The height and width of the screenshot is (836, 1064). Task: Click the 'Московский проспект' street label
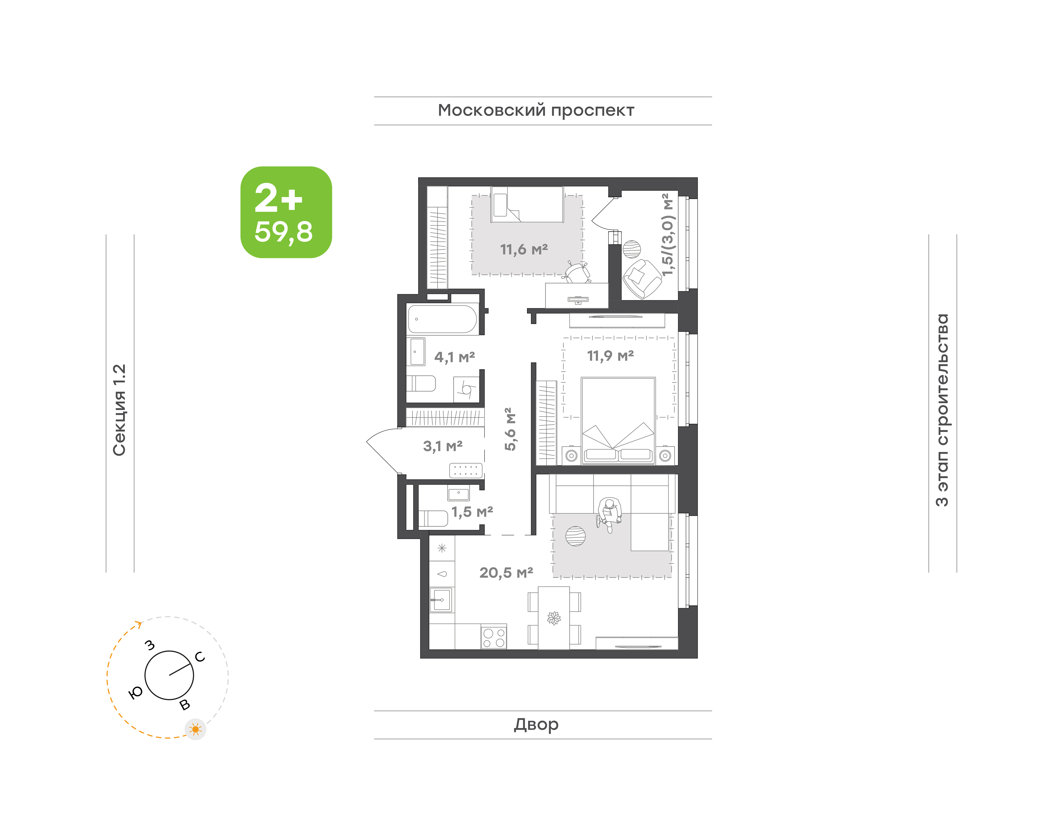point(536,111)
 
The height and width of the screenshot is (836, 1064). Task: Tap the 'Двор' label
point(536,724)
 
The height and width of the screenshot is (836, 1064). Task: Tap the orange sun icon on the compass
point(196,729)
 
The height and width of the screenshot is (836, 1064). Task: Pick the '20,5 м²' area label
point(506,573)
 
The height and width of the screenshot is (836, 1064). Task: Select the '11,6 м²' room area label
point(524,250)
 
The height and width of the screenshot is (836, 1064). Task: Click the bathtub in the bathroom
point(442,319)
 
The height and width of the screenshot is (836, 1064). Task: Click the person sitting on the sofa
point(609,514)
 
